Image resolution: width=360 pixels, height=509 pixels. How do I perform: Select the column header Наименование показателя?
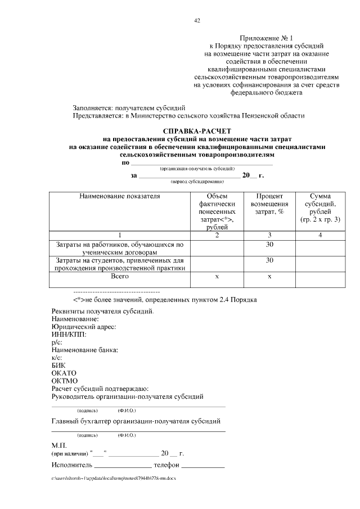[119, 197]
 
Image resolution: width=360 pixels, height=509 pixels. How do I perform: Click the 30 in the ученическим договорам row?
[269, 245]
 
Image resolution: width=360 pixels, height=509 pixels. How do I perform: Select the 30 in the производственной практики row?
[269, 260]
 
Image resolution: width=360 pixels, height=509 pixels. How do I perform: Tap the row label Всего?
[119, 276]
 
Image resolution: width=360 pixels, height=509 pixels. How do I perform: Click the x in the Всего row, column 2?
[217, 277]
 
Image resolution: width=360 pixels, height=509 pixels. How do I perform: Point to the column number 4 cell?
[319, 235]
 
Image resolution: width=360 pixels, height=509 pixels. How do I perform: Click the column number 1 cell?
[119, 235]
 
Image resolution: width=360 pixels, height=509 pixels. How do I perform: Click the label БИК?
[58, 365]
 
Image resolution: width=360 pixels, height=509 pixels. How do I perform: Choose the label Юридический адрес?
[84, 326]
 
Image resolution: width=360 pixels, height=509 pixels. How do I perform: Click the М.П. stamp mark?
[59, 444]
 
